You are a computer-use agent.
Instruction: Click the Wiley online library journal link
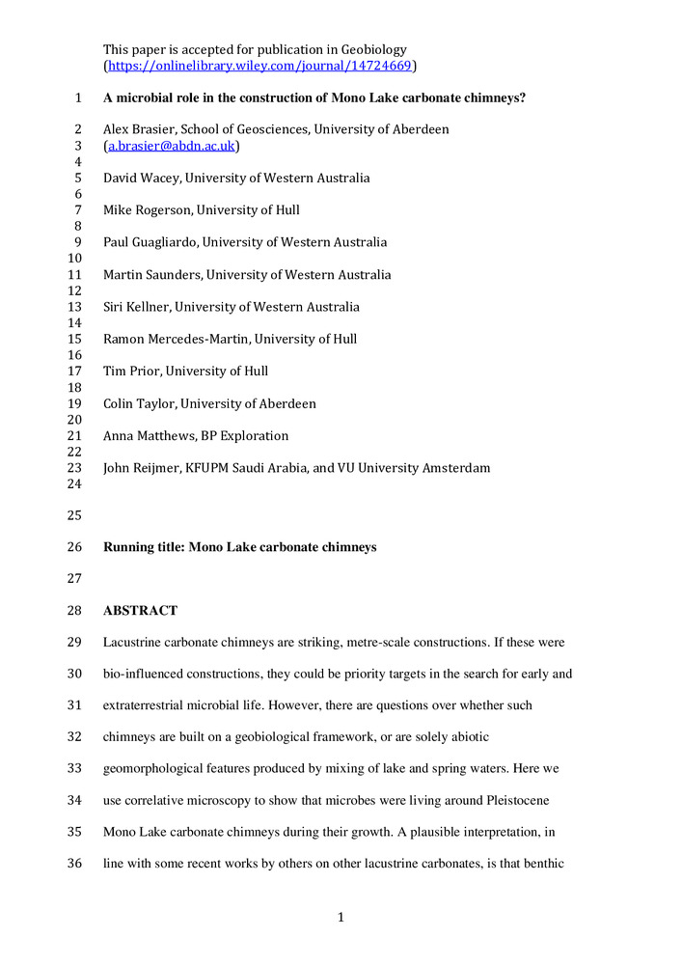tap(259, 66)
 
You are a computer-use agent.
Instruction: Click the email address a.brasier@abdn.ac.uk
tap(172, 146)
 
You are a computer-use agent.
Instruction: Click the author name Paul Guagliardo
tap(150, 242)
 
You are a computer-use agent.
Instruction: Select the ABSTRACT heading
tap(140, 611)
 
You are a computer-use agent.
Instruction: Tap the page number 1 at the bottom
tap(341, 917)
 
